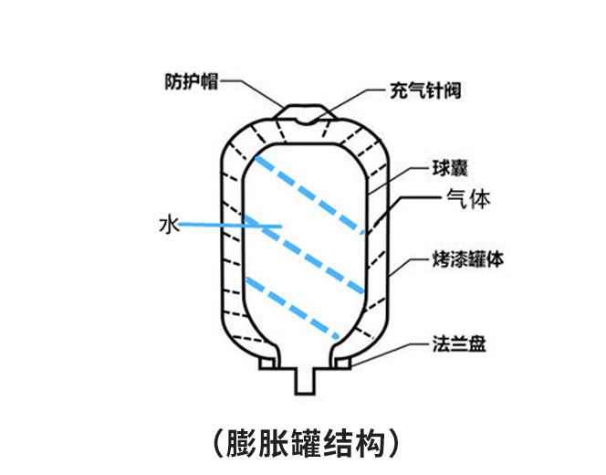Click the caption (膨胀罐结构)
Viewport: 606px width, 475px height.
click(302, 440)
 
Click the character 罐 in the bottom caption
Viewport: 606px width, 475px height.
click(303, 440)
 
